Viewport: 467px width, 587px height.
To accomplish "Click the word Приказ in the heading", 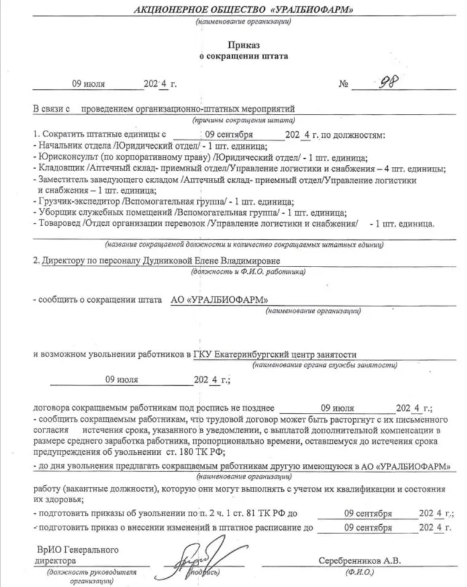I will (245, 45).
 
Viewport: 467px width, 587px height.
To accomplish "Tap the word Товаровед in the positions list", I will (58, 223).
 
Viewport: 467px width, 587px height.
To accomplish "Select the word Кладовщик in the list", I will (61, 168).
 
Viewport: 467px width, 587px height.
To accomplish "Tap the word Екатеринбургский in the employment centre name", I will (245, 354).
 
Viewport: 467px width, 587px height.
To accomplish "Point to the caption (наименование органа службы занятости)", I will (320, 365).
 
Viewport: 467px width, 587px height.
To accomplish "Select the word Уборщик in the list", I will (55, 212).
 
